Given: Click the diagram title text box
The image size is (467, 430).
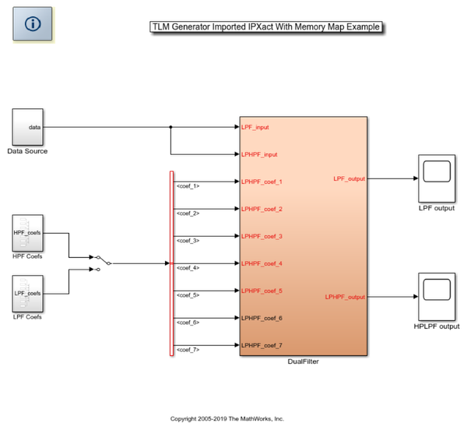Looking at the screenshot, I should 268,27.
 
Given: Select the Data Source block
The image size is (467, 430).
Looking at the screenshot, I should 27,127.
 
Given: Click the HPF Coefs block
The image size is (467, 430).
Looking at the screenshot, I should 27,233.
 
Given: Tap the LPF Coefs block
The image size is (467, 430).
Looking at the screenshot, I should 27,293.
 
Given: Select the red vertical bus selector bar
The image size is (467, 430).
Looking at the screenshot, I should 171,263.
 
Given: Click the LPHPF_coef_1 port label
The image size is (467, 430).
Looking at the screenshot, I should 262,182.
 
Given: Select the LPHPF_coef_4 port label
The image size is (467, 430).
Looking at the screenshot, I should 262,263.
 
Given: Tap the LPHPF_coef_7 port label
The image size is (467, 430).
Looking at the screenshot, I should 262,345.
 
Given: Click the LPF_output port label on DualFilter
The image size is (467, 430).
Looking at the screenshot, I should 349,178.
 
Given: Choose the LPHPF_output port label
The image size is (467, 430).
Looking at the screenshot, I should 346,297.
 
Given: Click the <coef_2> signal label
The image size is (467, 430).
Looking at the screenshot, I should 188,213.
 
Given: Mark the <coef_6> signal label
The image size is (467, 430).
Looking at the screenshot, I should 188,322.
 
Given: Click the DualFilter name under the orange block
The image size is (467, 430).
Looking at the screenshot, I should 303,361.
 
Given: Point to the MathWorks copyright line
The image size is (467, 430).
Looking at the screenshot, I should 233,418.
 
